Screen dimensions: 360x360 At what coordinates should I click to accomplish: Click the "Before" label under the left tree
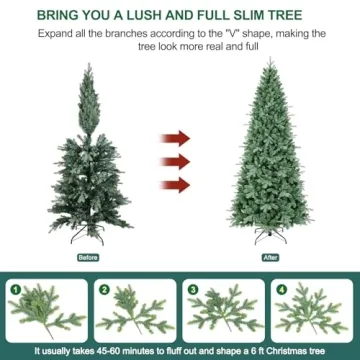point(89,257)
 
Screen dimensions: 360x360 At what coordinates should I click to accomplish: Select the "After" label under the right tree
point(268,257)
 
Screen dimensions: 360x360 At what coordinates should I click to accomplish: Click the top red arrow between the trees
point(178,136)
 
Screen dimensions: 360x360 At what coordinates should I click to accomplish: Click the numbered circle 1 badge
point(15,290)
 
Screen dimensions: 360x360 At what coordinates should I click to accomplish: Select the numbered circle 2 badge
point(103,290)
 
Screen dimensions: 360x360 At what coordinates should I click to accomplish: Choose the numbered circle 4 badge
point(281,290)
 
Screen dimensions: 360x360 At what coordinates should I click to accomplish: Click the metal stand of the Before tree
point(89,238)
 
